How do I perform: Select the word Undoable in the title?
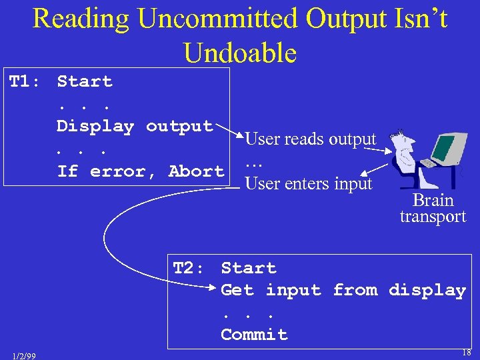[x=240, y=52]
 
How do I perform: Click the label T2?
[x=188, y=269]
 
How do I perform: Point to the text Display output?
[x=134, y=126]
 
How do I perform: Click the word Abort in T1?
[x=196, y=171]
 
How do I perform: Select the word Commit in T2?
[x=254, y=335]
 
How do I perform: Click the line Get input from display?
[x=343, y=291]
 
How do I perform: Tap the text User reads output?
[x=311, y=139]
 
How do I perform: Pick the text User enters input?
[x=309, y=183]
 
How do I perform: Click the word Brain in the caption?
[x=433, y=200]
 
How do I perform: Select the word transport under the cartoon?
[x=433, y=217]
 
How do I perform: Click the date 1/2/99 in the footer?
[x=24, y=355]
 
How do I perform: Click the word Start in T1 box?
[x=85, y=82]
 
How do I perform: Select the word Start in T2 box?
[x=249, y=269]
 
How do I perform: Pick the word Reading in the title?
[x=80, y=19]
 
